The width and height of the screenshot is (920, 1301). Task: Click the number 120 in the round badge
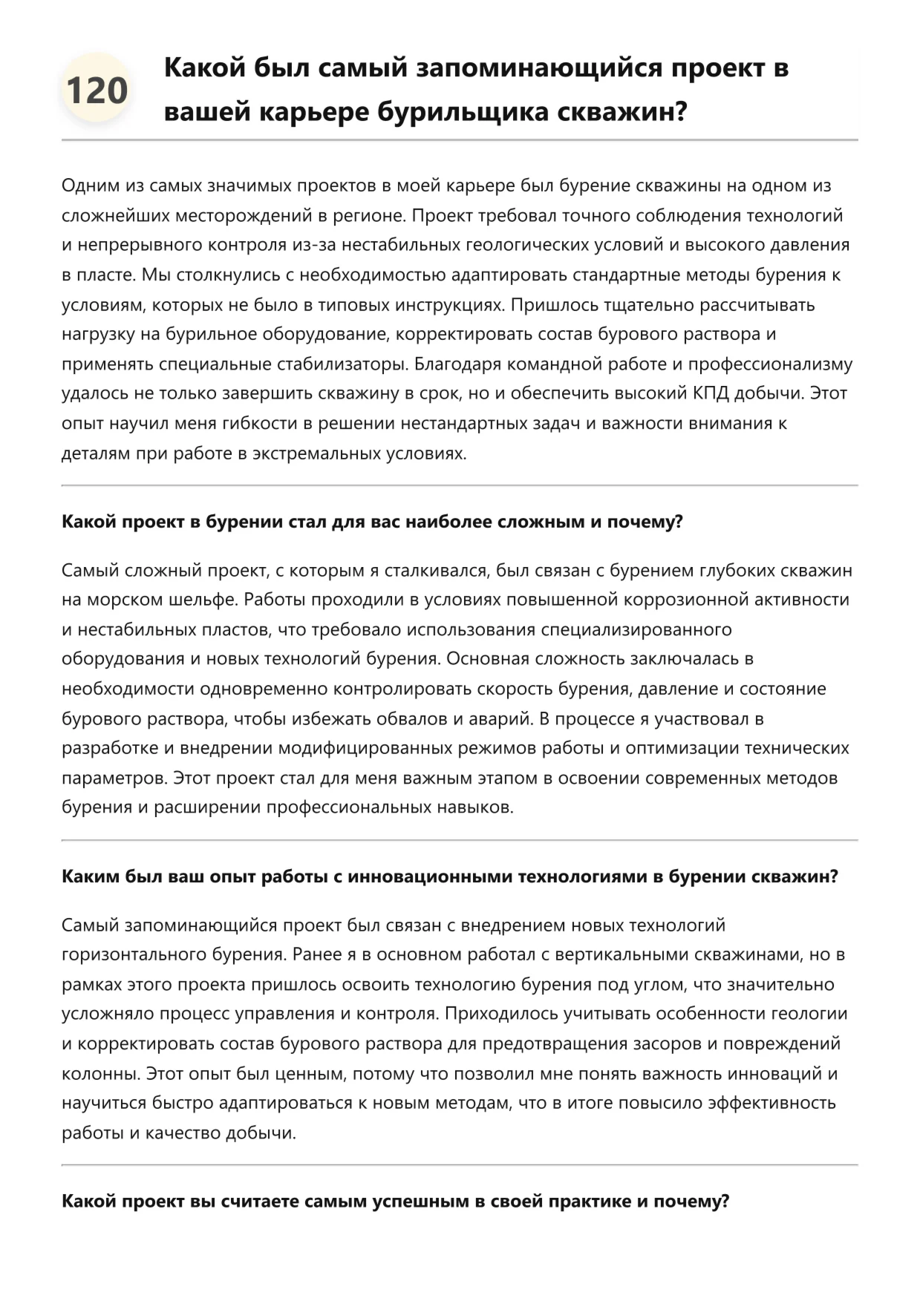tap(97, 91)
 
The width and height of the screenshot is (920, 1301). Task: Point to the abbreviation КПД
tap(711, 393)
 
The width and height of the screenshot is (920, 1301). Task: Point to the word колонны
tap(99, 1073)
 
